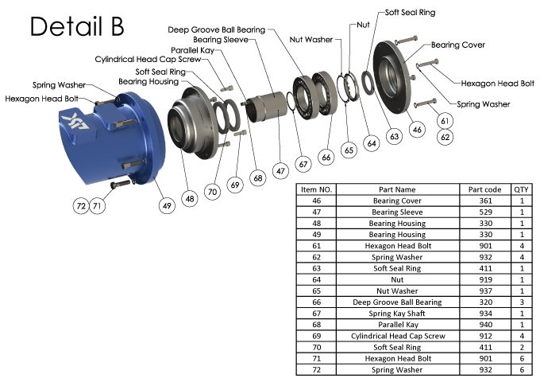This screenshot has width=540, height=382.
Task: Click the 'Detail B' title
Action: [x=77, y=27]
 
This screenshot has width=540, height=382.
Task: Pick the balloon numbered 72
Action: [x=80, y=205]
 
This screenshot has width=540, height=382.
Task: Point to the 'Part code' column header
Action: [x=486, y=189]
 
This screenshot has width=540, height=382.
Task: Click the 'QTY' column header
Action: [x=522, y=189]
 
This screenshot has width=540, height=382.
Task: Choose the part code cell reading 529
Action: [x=486, y=212]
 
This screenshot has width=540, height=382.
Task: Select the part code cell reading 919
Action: [x=486, y=280]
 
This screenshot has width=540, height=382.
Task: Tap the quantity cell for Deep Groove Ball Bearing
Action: [x=522, y=302]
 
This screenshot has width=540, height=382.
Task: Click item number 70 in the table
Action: [x=316, y=347]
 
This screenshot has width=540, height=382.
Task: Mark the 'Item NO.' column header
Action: [x=316, y=189]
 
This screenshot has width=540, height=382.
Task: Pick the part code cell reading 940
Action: [x=486, y=325]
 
